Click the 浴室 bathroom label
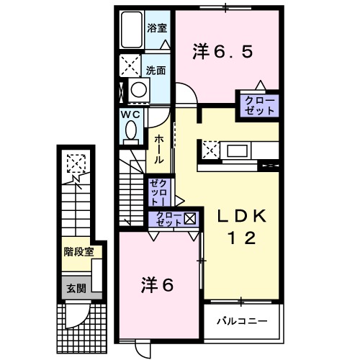(x=157, y=28)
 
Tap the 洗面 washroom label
(x=157, y=71)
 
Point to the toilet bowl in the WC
(x=131, y=130)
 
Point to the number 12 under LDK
(x=243, y=240)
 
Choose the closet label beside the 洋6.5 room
(x=258, y=105)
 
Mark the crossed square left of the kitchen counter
(x=210, y=151)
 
